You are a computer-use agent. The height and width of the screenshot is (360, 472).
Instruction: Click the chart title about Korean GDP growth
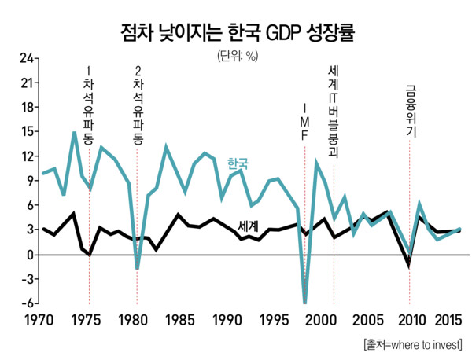pos(235,33)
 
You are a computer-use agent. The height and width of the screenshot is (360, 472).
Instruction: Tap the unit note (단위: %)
pos(236,56)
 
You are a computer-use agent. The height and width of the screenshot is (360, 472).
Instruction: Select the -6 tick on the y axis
pos(26,304)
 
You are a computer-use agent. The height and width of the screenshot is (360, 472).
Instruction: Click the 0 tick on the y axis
pos(29,255)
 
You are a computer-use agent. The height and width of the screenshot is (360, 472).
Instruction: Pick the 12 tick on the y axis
pos(26,156)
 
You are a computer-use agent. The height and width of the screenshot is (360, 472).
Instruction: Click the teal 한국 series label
pos(238,163)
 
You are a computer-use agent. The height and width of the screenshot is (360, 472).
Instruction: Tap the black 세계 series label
pos(249,225)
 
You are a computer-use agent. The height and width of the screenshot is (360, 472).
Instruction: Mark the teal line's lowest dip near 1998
pos(304,303)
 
